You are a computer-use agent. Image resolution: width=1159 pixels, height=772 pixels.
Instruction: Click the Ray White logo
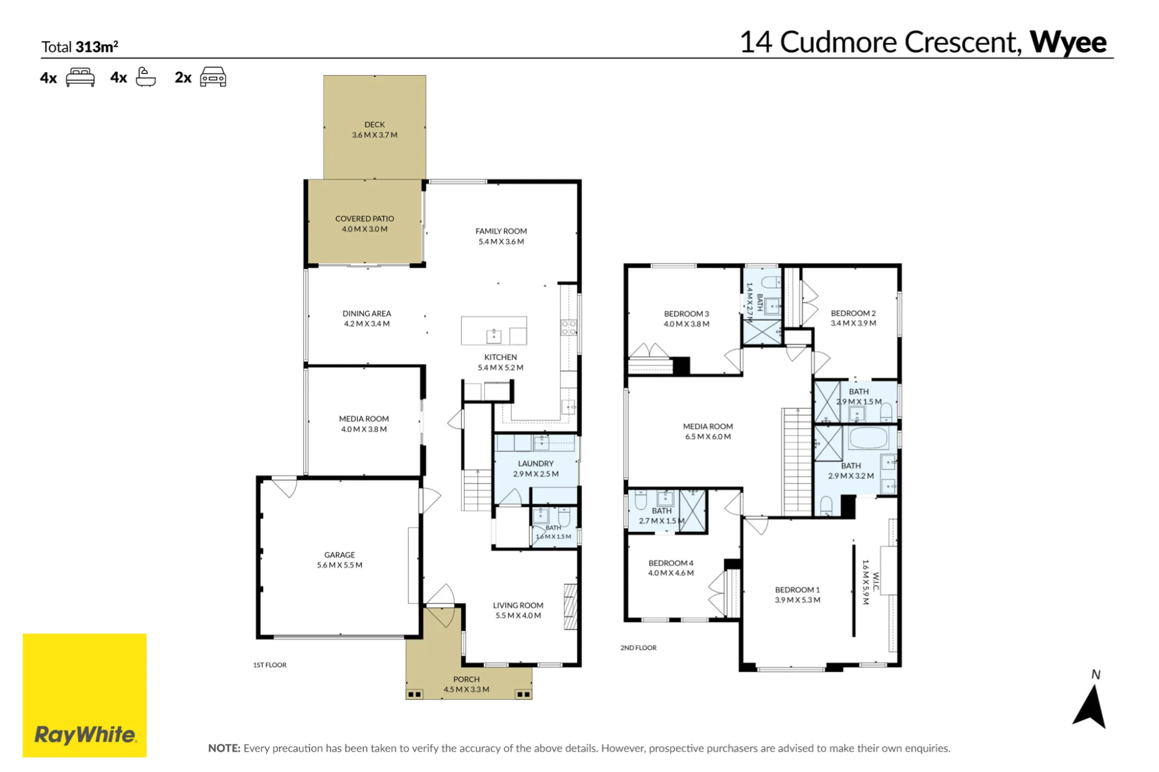(85, 695)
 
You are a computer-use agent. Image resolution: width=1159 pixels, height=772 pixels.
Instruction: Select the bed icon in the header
(80, 77)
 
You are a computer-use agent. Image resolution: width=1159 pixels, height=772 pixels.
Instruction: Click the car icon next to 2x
(213, 77)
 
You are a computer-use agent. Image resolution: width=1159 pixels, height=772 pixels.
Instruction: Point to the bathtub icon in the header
(145, 77)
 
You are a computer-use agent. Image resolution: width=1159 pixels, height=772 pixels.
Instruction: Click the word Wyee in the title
(1068, 42)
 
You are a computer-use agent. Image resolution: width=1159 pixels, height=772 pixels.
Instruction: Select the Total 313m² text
(80, 47)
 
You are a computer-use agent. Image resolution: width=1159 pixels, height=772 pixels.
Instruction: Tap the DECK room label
(374, 125)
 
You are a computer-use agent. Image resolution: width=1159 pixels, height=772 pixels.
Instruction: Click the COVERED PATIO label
(365, 218)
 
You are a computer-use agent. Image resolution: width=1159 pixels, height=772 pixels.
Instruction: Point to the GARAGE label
(340, 555)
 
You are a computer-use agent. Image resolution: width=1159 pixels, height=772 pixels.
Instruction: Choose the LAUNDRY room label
(535, 463)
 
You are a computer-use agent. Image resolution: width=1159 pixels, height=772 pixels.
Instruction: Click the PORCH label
(466, 679)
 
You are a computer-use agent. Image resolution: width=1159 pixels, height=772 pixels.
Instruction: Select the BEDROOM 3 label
(686, 314)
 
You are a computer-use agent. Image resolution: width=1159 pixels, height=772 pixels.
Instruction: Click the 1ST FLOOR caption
(269, 665)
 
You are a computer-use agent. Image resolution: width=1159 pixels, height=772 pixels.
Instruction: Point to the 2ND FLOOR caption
(639, 647)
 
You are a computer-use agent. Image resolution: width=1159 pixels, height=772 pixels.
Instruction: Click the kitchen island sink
(494, 335)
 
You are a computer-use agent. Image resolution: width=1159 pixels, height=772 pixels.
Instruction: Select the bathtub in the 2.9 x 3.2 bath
(868, 438)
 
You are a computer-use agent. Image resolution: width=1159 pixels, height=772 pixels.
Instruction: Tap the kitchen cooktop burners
(568, 327)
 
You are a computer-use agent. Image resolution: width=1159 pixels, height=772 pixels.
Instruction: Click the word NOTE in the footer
(224, 748)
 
